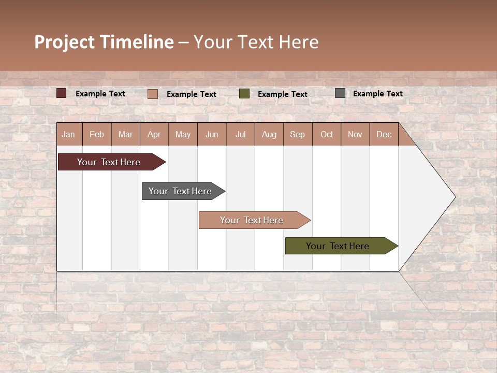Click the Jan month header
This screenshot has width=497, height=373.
(x=68, y=134)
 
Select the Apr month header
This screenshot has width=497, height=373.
(x=154, y=134)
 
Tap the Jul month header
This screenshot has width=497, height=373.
(x=240, y=134)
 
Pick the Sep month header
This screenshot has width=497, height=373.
(x=297, y=134)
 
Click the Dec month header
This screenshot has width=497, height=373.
(x=384, y=134)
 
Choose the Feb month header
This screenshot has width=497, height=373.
(x=97, y=134)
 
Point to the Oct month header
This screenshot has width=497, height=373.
(x=327, y=134)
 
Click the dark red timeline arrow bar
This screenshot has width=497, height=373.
(x=109, y=162)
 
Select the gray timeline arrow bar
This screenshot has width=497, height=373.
(x=180, y=191)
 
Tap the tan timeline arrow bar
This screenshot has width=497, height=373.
(x=252, y=220)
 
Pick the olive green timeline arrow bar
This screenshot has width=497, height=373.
(x=338, y=246)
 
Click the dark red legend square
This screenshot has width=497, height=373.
(x=62, y=93)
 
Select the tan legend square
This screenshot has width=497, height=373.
(x=152, y=94)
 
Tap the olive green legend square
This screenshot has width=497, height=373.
(x=244, y=93)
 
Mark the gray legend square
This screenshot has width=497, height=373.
(x=340, y=93)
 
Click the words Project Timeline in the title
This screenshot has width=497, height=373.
(x=104, y=42)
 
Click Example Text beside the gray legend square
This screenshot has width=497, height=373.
(x=377, y=93)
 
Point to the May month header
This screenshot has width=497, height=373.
(x=183, y=134)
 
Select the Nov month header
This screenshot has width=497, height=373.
(x=355, y=134)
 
